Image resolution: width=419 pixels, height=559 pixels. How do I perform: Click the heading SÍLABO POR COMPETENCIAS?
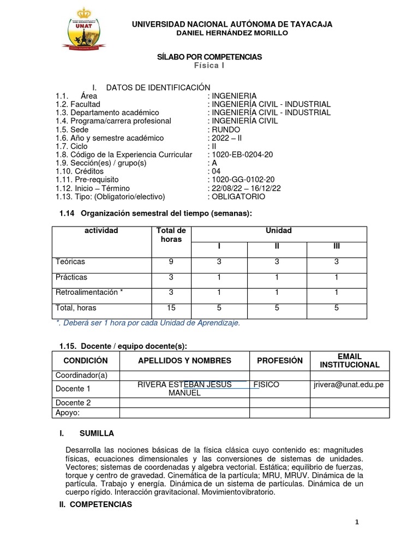pos(209,57)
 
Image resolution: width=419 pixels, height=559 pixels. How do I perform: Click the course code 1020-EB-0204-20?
pos(242,154)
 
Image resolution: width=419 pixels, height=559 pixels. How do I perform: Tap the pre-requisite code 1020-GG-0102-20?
pos(242,180)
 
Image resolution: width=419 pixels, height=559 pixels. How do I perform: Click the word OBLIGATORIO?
pos(239,197)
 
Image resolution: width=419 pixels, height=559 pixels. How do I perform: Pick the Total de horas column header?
pos(171,235)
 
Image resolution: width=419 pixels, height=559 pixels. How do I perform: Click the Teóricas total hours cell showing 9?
pos(171,262)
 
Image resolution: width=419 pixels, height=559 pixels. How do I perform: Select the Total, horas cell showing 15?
pos(171,308)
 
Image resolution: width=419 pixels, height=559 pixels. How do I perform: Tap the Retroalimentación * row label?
pos(89,293)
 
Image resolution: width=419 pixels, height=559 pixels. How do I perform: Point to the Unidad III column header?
pos(337,247)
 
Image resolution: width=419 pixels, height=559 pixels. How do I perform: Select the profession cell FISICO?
pos(266,385)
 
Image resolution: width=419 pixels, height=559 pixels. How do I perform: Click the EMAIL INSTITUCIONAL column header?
pos(350,360)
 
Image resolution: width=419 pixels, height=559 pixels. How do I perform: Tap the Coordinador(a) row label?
pos(82,375)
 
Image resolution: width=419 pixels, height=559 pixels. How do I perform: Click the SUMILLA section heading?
pos(97,433)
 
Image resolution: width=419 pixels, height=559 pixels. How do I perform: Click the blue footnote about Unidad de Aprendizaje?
pos(148,323)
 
